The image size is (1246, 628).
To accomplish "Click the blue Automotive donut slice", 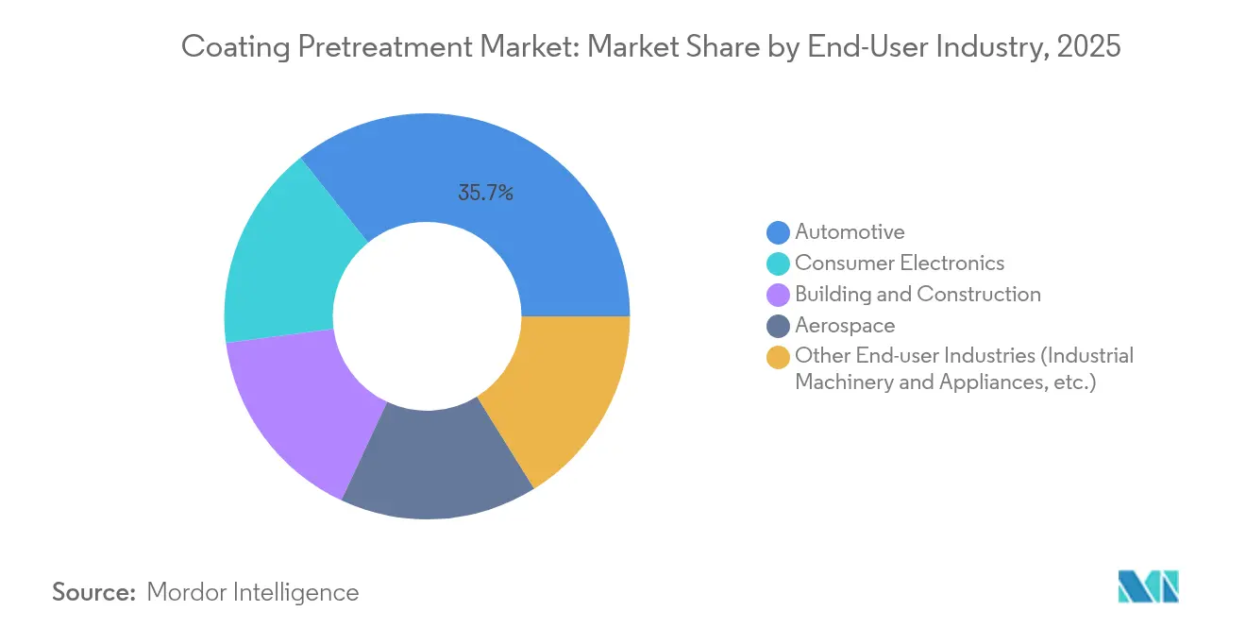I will tap(529, 208).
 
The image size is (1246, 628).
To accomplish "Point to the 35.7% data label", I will tap(485, 194).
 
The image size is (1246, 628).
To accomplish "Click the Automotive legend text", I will tap(850, 231).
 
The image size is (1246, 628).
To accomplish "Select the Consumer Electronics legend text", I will tap(900, 263).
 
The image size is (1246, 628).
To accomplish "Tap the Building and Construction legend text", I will tap(918, 294).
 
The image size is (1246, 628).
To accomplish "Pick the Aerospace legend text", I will tap(845, 325).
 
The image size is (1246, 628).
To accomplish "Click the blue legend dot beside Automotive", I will tap(778, 232).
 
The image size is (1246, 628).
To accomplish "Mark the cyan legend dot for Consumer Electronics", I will tap(778, 263).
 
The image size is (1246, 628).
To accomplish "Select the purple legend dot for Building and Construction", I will tap(778, 295).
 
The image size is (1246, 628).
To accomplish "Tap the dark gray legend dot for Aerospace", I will tap(778, 326).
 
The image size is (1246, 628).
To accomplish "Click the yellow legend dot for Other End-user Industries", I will tap(778, 357).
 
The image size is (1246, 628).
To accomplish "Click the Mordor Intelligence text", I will tap(253, 592).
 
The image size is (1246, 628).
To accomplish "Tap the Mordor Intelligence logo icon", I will tap(1148, 586).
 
